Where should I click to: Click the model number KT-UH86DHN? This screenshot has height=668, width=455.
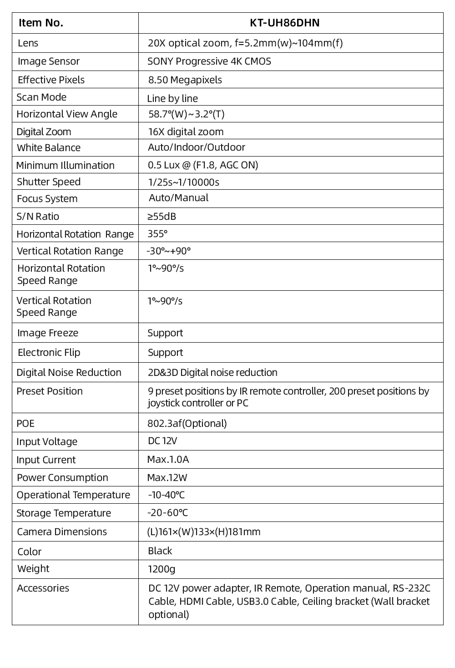(x=284, y=23)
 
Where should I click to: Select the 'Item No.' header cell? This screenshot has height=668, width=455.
(x=41, y=23)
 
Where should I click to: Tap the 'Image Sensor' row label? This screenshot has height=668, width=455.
(x=49, y=61)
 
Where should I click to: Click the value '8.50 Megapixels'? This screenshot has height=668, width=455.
(x=185, y=80)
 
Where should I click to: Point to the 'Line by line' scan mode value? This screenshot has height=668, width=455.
(x=172, y=98)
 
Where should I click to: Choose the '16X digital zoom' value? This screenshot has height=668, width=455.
(x=186, y=132)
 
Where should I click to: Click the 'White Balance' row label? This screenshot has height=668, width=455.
(x=49, y=148)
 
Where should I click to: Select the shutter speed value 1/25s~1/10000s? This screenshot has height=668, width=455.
(x=183, y=182)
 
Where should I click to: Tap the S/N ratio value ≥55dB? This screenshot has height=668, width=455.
(x=162, y=217)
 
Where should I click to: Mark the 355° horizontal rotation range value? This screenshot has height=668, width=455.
(x=157, y=234)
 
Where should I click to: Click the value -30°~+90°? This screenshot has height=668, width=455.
(x=168, y=251)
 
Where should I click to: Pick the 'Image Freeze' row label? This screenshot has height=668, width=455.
(x=48, y=333)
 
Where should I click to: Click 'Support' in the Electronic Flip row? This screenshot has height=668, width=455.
(x=165, y=353)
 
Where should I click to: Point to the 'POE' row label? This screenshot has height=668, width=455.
(x=25, y=424)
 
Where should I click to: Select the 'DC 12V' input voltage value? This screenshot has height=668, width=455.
(x=162, y=441)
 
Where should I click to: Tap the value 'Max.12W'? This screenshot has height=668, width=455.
(x=167, y=478)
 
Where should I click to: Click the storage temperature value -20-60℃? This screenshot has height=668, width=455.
(x=167, y=513)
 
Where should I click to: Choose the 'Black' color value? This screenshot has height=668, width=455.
(x=160, y=551)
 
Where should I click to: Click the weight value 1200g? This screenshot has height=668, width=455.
(x=161, y=569)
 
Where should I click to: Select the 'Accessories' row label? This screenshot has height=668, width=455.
(x=43, y=588)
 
